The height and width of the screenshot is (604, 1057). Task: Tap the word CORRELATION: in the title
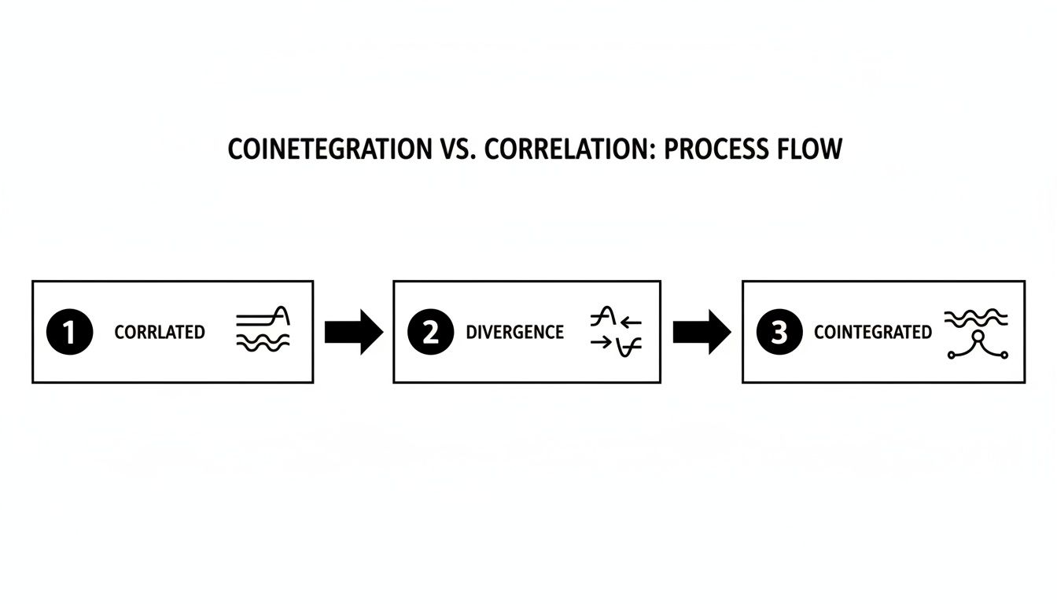coord(571,149)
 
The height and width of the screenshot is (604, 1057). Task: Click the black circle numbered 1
coord(69,332)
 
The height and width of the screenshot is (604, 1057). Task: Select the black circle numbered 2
coord(429,332)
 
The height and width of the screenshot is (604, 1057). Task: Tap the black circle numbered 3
coord(778,332)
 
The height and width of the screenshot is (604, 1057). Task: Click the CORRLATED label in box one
coord(160,333)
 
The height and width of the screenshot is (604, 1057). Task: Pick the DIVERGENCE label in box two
coord(514,333)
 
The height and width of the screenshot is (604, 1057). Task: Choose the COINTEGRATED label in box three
coord(872,333)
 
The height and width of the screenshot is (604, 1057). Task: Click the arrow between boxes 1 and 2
coord(353,332)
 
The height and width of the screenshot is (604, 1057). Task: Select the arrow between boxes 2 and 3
coord(702,332)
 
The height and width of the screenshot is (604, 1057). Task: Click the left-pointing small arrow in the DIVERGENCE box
coord(632,322)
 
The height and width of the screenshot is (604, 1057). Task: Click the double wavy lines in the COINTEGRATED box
coord(975,317)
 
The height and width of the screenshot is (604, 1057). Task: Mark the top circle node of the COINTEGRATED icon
coord(978,337)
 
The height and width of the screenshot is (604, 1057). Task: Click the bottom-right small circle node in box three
coord(1004,355)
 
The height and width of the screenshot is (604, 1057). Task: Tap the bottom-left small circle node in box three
coord(951,355)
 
